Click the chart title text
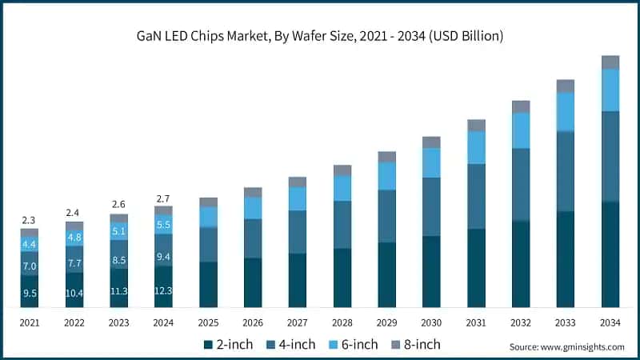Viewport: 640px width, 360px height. tap(319, 36)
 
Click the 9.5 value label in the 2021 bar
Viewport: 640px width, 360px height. tap(30, 293)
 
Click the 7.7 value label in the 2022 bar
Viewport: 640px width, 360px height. tap(74, 262)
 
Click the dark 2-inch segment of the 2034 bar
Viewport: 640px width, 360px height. tap(610, 254)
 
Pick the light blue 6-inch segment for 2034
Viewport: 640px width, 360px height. tap(610, 90)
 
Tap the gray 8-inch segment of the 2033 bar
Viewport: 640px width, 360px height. tap(566, 86)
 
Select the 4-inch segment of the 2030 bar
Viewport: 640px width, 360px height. tap(431, 206)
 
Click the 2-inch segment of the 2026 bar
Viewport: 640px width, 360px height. tap(253, 282)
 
